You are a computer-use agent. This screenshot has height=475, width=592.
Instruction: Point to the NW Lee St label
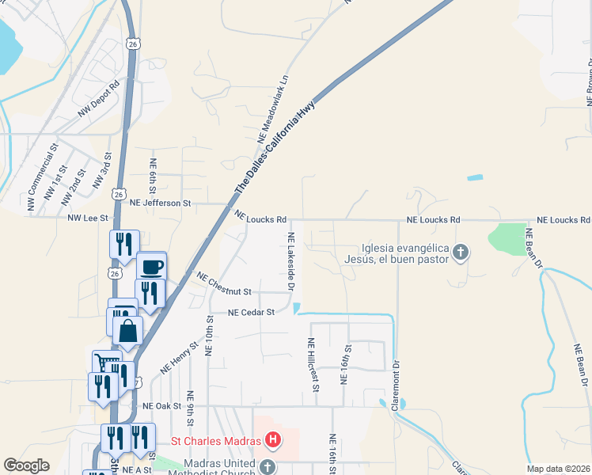point(87,218)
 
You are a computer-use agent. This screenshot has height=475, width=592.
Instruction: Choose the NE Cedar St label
point(251,312)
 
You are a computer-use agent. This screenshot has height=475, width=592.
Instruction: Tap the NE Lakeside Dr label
point(291,260)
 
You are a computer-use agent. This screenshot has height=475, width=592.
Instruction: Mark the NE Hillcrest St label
point(313,364)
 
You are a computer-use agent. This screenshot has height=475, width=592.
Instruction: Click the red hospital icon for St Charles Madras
point(272,439)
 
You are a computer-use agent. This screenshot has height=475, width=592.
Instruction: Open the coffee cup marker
point(151,265)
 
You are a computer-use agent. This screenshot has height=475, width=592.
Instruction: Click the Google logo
point(26,465)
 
